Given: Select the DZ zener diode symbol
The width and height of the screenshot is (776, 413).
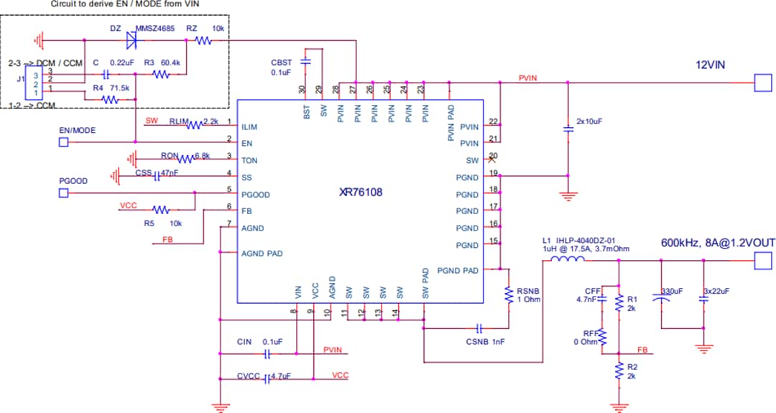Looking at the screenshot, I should tap(131, 40).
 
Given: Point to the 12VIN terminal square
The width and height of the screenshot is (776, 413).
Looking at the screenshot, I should tap(761, 83).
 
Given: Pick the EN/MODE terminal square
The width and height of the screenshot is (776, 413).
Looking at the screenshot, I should tap(63, 142).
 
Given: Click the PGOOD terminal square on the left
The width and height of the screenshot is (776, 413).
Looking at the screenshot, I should tap(63, 193).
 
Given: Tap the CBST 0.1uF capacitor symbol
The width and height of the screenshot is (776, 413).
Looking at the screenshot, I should tap(305, 63).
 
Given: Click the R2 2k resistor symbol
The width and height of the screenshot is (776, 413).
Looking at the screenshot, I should tap(619, 371).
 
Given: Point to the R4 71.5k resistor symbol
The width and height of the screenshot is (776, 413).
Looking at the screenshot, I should tap(110, 100).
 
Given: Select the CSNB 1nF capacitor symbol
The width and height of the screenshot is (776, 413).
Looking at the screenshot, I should tap(479, 329).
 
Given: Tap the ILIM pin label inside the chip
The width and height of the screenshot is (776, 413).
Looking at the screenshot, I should tap(249, 126).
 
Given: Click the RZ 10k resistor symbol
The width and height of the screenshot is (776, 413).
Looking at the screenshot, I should tap(203, 41).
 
